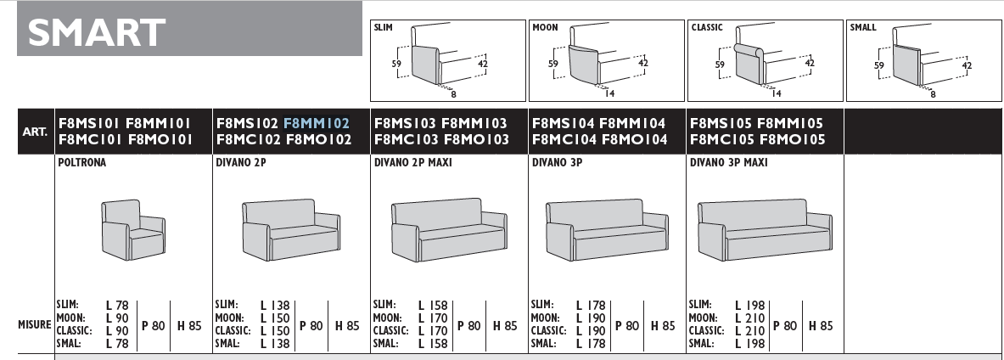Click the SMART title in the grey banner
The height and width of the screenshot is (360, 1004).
pyautogui.click(x=97, y=32)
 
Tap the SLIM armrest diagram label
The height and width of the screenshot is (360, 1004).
pyautogui.click(x=383, y=28)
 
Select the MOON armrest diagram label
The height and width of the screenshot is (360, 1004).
pyautogui.click(x=545, y=28)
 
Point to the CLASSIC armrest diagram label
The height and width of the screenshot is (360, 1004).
pyautogui.click(x=707, y=28)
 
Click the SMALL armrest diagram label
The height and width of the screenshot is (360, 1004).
pyautogui.click(x=863, y=28)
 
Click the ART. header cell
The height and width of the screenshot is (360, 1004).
pyautogui.click(x=35, y=132)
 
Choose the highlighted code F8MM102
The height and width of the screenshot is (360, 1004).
pyautogui.click(x=317, y=123)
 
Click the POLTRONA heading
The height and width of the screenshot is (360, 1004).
pyautogui.click(x=82, y=163)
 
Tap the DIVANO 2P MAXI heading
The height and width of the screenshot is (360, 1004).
pyautogui.click(x=412, y=163)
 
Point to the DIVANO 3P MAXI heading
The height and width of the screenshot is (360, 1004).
pyautogui.click(x=728, y=163)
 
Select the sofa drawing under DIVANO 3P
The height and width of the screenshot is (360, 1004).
pyautogui.click(x=606, y=229)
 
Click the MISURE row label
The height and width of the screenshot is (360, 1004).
pyautogui.click(x=35, y=324)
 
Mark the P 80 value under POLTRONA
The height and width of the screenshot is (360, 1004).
pyautogui.click(x=153, y=324)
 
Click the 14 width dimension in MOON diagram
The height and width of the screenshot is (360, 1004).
pyautogui.click(x=609, y=92)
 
